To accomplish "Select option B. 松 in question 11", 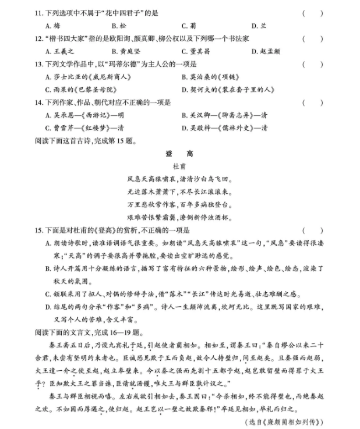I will pyautogui.click(x=118, y=26).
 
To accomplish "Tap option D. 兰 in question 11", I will pyautogui.click(x=259, y=26).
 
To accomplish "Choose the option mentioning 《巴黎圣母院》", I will pyautogui.click(x=76, y=90).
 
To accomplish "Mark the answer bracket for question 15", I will pyautogui.click(x=312, y=230).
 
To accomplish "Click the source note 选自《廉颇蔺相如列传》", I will pyautogui.click(x=282, y=421).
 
